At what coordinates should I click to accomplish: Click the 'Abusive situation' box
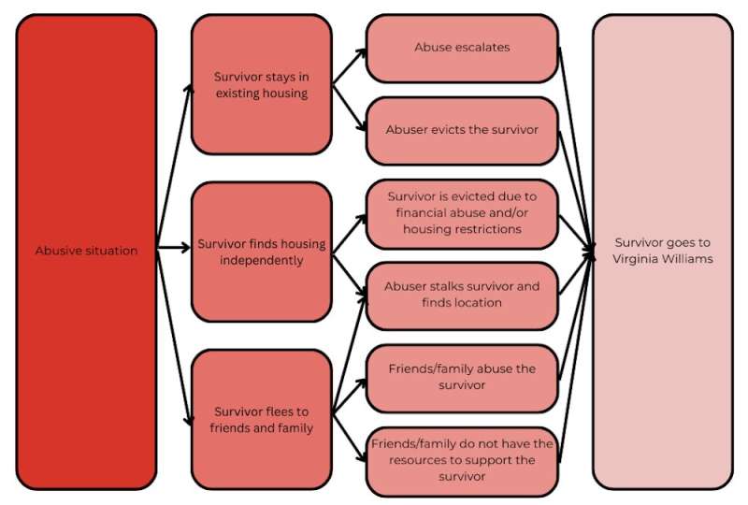(86, 251)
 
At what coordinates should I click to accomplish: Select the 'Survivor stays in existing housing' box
(261, 85)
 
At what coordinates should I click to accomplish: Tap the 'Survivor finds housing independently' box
(261, 252)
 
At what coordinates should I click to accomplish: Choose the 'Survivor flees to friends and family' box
(261, 420)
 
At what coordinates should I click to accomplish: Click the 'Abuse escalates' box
(462, 47)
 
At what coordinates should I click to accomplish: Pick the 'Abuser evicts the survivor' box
(462, 130)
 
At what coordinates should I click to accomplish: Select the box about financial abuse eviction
(462, 213)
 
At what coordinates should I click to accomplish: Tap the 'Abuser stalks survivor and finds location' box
(462, 295)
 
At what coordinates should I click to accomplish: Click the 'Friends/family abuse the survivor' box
(462, 377)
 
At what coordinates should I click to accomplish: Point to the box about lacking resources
(462, 460)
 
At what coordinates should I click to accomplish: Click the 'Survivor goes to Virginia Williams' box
(661, 251)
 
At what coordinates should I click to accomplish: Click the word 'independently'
(262, 260)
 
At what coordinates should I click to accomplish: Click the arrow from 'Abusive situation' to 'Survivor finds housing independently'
(173, 249)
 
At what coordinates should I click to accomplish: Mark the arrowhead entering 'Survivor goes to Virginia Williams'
(592, 250)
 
